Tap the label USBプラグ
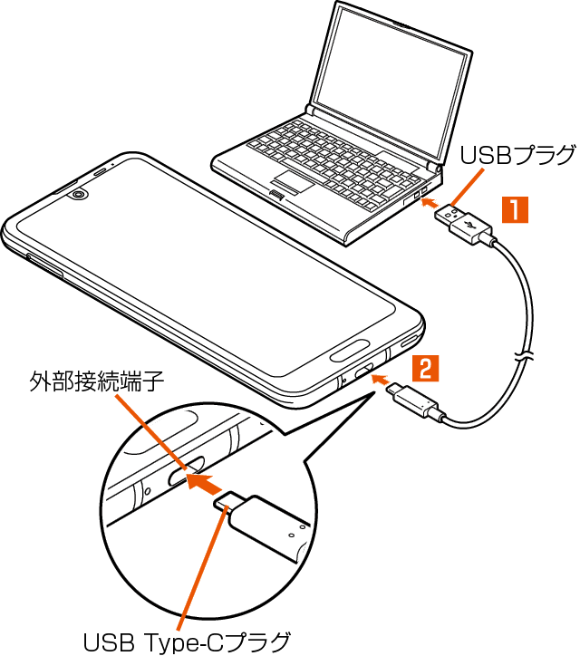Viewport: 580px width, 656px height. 517,154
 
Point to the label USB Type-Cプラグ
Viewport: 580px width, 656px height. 188,642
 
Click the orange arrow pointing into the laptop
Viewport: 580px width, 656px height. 432,203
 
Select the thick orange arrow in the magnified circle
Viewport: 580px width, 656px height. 208,479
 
